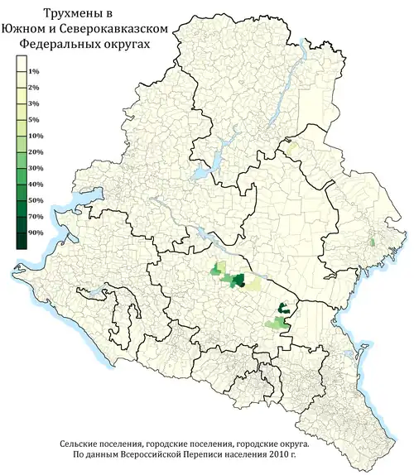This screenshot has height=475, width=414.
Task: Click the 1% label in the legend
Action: (34, 73)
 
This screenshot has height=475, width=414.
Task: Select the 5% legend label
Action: (34, 120)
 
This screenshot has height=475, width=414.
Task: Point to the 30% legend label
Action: (36, 169)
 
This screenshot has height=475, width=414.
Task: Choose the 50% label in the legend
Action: (36, 200)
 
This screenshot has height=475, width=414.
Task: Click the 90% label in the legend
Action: (36, 233)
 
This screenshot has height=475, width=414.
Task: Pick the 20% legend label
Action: (36, 153)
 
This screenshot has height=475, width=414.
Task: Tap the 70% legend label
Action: (36, 217)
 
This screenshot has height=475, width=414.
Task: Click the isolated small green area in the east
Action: (373, 242)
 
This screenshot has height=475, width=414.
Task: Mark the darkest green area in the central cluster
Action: (238, 281)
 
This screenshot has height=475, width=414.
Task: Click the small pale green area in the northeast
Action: (291, 146)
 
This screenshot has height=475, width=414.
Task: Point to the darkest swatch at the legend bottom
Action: (20, 241)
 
